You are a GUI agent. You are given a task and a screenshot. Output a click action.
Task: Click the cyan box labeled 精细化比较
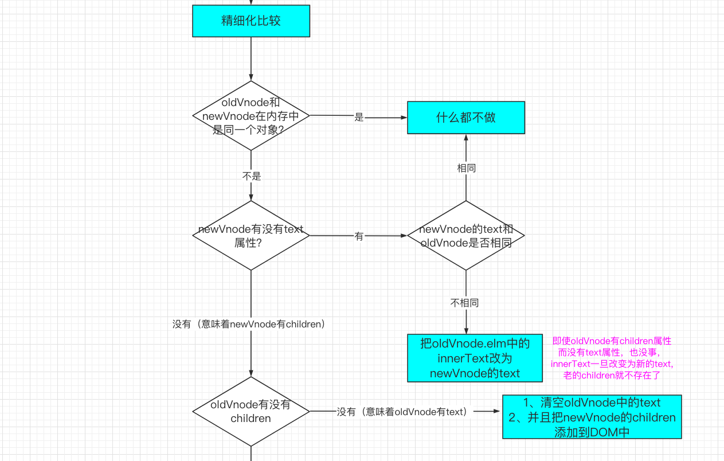point(251,21)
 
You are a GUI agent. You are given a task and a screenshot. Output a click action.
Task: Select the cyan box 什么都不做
point(465,118)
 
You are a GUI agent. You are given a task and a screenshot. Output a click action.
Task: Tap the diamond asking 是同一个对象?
point(251,116)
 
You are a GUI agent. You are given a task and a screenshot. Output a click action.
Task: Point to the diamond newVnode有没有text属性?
point(251,235)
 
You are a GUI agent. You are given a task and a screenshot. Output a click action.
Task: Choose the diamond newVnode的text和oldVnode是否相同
point(465,235)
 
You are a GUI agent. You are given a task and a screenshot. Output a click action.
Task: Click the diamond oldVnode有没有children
point(251,411)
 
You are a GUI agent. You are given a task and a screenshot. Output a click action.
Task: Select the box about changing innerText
point(475,358)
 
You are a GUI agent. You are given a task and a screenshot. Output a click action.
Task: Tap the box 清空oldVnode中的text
point(592,417)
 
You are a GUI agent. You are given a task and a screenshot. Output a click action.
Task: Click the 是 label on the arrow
point(359,118)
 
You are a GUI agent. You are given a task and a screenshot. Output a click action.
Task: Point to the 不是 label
point(251,176)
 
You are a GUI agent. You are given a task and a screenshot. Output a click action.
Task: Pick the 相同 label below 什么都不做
point(466,168)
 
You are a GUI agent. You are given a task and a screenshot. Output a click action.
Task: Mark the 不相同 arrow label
point(464,303)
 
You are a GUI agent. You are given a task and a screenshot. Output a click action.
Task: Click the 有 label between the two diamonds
point(359,236)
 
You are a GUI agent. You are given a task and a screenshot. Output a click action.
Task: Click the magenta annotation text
point(612,358)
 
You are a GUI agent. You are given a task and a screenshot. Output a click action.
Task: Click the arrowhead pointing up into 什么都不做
point(466,138)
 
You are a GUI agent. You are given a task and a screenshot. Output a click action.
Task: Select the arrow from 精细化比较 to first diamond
point(251,57)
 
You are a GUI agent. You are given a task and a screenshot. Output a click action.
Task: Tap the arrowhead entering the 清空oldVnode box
point(498,411)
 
